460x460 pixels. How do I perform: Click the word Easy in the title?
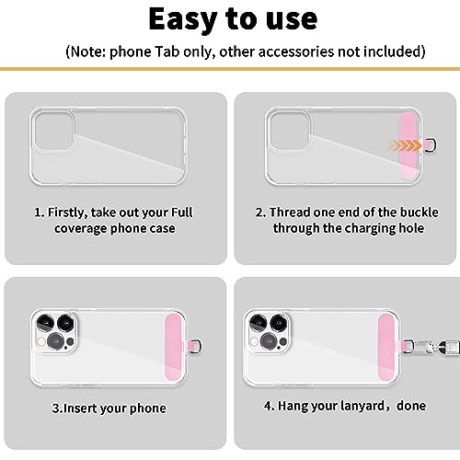coord(183,20)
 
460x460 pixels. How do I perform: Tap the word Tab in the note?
coord(167,52)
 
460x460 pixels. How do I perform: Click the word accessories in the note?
coord(295,52)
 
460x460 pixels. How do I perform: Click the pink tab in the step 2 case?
coord(408,144)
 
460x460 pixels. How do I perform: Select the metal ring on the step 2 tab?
coord(431,145)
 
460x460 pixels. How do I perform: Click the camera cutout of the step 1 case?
coord(54,131)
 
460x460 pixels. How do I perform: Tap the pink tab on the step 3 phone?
coord(174,347)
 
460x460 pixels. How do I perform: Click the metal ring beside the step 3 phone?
coord(197,346)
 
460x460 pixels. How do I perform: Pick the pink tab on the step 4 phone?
coord(386,347)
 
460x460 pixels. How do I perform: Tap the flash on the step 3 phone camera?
coord(40,341)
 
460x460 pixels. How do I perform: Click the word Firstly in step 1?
coord(68,213)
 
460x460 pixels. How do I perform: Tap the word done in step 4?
coord(411,406)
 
